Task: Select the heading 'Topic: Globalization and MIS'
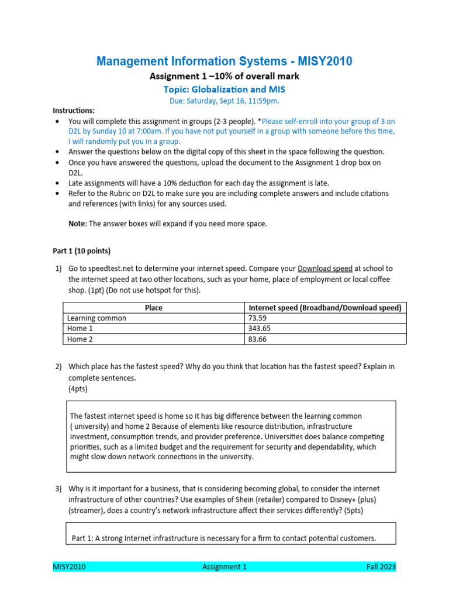[x=224, y=89]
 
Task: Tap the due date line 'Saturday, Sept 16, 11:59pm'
[x=233, y=101]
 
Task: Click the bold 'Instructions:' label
[x=74, y=111]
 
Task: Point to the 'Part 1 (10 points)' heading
[x=81, y=251]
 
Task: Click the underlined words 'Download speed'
[x=325, y=268]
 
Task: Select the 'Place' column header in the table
[x=153, y=308]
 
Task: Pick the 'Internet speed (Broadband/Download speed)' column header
[x=325, y=308]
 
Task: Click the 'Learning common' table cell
[x=96, y=318]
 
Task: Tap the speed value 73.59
[x=259, y=318]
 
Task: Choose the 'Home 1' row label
[x=80, y=329]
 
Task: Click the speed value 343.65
[x=261, y=329]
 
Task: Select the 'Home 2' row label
[x=80, y=339]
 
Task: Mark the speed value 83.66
[x=259, y=339]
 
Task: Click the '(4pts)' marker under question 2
[x=79, y=388]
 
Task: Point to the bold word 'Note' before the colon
[x=77, y=223]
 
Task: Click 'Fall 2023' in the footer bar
[x=381, y=566]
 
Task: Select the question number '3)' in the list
[x=58, y=488]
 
